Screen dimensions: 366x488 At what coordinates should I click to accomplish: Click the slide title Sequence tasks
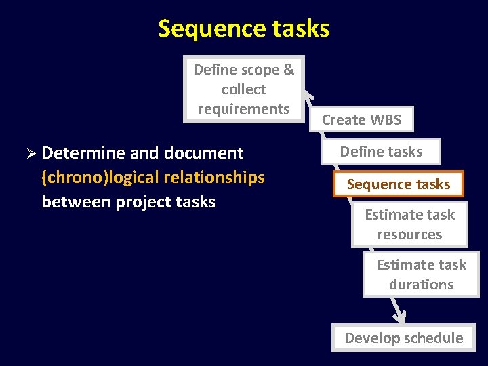[243, 28]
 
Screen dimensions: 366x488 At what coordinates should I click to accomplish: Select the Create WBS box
[361, 120]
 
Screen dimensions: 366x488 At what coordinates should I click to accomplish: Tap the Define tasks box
[381, 152]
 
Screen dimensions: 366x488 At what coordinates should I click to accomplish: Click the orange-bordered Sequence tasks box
[399, 184]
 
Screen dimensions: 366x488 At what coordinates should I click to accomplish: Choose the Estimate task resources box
[409, 225]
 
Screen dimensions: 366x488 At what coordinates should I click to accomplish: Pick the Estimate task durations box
[421, 274]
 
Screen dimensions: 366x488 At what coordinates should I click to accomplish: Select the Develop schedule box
[403, 338]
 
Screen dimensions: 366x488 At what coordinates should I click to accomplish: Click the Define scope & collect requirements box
[244, 89]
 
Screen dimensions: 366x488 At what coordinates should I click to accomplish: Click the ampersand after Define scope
[289, 70]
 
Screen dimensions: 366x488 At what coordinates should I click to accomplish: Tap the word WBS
[386, 120]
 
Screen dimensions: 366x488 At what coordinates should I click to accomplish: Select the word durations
[421, 285]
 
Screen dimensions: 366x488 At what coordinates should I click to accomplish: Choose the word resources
[409, 235]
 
